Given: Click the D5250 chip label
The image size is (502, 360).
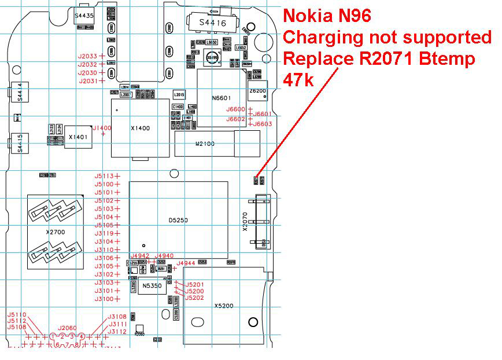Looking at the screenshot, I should [x=178, y=221].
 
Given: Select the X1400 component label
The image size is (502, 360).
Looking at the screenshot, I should [x=141, y=128].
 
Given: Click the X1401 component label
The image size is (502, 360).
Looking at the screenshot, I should [x=78, y=137].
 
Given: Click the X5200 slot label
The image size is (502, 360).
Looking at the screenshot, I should [x=223, y=306].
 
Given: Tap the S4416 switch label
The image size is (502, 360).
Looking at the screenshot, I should [x=209, y=23].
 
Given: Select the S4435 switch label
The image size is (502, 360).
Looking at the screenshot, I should [x=84, y=16].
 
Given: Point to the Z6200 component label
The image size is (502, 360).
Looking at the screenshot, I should [x=257, y=91].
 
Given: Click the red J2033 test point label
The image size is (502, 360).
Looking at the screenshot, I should [x=88, y=56].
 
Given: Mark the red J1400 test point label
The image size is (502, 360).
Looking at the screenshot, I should [x=102, y=128].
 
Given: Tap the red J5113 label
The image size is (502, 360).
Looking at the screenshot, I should [x=104, y=175].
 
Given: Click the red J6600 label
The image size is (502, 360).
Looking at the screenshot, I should [x=235, y=109].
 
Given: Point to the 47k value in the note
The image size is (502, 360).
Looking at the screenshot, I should [x=298, y=79].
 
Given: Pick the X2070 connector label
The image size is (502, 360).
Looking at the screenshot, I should [x=245, y=221].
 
